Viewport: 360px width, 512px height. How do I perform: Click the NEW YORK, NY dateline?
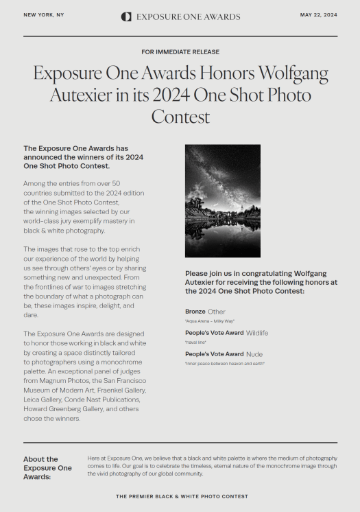click(44, 14)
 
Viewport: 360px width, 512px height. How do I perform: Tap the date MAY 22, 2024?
click(319, 14)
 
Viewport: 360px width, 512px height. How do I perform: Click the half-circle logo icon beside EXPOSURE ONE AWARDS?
click(126, 16)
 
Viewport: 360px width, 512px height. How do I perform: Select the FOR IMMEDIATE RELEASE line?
click(180, 51)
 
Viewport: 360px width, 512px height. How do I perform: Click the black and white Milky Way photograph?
click(222, 200)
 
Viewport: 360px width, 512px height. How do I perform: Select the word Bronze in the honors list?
click(195, 312)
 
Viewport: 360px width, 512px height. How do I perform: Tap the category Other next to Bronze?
click(216, 312)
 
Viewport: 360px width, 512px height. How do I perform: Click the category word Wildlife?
click(257, 333)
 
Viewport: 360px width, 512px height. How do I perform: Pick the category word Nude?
click(254, 354)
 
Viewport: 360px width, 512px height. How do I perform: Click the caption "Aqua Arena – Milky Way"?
click(208, 321)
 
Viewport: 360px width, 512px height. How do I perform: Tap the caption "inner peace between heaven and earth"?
click(225, 363)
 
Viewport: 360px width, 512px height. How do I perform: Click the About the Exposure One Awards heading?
click(47, 468)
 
